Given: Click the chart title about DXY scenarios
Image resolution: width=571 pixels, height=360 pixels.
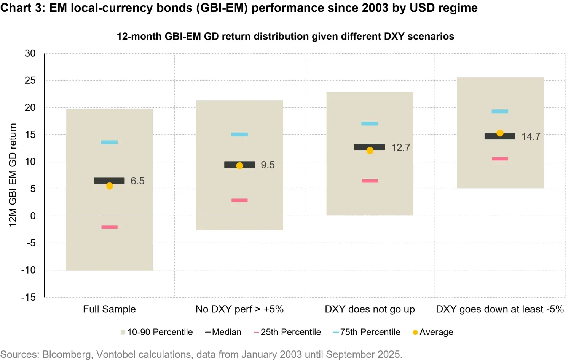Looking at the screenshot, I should tap(285, 37).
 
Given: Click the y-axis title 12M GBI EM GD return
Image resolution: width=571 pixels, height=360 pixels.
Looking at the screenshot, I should tap(13, 175).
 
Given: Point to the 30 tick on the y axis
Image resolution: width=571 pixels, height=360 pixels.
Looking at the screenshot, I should tap(30, 53).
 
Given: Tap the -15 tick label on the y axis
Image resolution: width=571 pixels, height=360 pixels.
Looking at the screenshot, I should tap(29, 297).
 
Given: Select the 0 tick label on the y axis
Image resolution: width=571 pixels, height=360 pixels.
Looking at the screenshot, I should tap(33, 216).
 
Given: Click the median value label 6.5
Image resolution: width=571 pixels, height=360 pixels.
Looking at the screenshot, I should tap(137, 181).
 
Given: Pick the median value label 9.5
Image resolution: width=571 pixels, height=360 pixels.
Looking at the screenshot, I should tap(268, 165).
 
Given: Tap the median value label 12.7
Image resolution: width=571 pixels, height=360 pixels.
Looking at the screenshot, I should tap(401, 148).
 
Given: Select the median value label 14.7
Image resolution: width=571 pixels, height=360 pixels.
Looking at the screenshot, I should tap(531, 137).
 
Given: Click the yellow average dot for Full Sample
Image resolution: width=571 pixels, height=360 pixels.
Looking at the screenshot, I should tap(110, 186).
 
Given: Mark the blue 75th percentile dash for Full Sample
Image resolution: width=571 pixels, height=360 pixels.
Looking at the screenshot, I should tap(109, 142).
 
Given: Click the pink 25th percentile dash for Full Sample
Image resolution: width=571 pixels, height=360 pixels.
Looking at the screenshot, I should tap(109, 227).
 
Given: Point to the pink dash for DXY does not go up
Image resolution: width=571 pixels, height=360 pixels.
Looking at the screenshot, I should tap(370, 181).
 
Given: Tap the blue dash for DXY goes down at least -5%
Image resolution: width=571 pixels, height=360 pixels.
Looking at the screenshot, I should tap(500, 112).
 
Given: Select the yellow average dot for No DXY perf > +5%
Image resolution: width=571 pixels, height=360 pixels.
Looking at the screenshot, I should tap(240, 166).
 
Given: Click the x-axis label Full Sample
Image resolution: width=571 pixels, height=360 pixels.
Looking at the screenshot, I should tap(109, 309).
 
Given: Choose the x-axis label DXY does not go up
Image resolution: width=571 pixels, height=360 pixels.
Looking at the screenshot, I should tap(370, 309).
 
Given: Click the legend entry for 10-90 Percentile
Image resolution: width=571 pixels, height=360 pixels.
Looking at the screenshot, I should tap(157, 332).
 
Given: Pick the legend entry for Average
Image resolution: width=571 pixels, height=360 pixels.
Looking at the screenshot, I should tap(433, 332).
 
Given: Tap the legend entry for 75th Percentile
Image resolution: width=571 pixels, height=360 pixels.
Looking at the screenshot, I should tap(367, 332).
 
